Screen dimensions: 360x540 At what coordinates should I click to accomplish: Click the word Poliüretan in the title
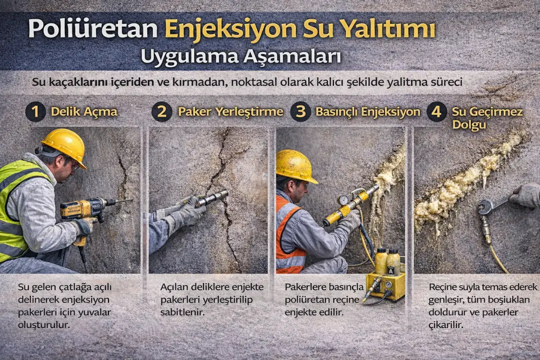(x=93, y=28)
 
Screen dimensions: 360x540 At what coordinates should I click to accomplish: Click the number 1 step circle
(x=35, y=111)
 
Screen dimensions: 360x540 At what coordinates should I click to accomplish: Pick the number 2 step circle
(x=162, y=111)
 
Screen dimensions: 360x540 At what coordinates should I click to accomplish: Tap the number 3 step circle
(x=300, y=111)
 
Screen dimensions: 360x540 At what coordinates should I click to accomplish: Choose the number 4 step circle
(x=436, y=111)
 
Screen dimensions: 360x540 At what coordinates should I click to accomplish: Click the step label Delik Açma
(x=84, y=111)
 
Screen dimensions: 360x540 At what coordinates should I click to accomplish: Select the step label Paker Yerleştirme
(x=230, y=111)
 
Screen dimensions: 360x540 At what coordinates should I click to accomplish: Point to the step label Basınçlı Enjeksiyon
(x=367, y=111)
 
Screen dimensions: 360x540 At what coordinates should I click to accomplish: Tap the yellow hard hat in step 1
(x=63, y=145)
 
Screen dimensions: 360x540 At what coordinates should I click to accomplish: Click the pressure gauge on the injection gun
(x=343, y=199)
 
